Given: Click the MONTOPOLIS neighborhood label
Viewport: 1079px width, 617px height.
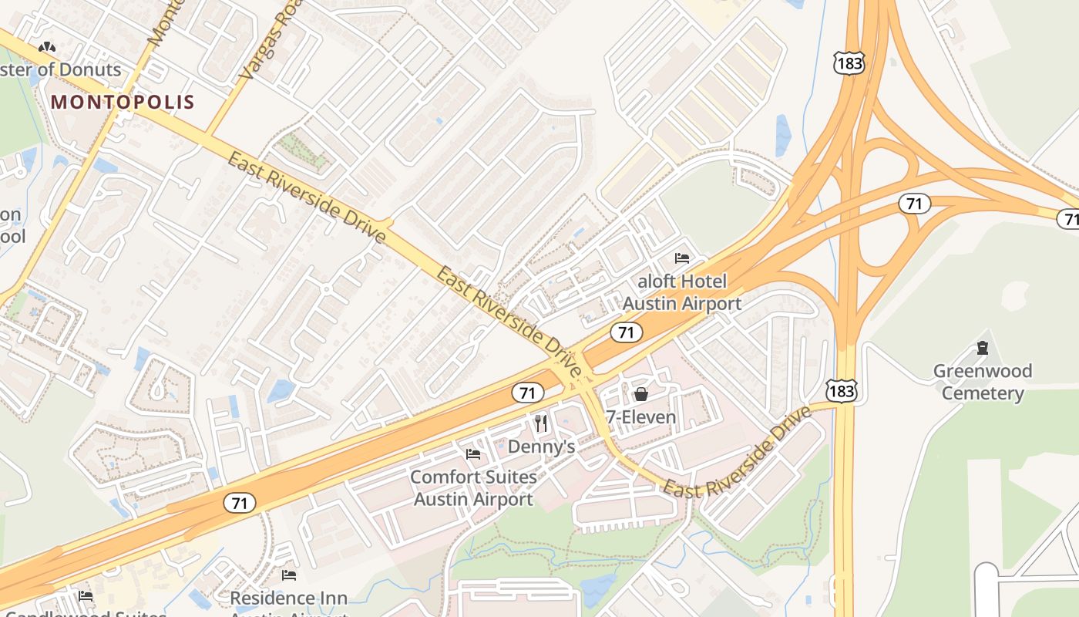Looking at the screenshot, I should [x=123, y=102].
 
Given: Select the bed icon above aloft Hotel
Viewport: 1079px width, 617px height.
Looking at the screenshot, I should [x=681, y=258].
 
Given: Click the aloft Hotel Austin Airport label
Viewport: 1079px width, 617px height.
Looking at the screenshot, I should [x=681, y=292].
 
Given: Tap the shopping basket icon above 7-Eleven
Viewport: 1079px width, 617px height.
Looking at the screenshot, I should [x=640, y=395].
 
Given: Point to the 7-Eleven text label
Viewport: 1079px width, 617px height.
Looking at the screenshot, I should [x=640, y=417].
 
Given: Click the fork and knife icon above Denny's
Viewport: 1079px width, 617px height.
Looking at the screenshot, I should [x=541, y=423].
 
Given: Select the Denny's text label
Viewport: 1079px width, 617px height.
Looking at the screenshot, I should [x=541, y=447].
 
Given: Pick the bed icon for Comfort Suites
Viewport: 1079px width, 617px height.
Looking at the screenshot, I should [x=473, y=453].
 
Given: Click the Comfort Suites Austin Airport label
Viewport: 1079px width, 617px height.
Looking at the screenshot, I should [x=473, y=487].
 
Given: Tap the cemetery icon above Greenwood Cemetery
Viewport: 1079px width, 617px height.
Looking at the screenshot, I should [x=982, y=348].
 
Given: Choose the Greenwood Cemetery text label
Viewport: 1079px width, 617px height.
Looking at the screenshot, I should [x=983, y=382].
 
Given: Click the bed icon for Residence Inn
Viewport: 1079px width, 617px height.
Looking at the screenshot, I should [x=289, y=575].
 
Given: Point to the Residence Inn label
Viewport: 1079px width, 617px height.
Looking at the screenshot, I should [x=289, y=598].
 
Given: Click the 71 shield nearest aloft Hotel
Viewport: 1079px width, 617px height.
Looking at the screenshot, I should [x=626, y=332].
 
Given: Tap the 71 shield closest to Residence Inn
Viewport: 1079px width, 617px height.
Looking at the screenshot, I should [x=240, y=503].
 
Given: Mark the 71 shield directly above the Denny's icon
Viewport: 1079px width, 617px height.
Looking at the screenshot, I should [x=526, y=393].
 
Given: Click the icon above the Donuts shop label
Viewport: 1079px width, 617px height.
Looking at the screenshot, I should [x=47, y=48].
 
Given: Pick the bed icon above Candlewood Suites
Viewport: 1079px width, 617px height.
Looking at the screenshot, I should [x=86, y=595].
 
